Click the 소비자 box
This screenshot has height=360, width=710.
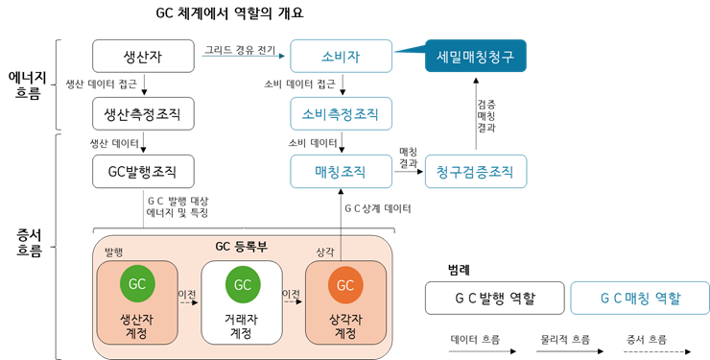(x=341, y=57)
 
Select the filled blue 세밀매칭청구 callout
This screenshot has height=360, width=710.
(x=476, y=57)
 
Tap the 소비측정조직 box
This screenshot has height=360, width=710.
(x=341, y=114)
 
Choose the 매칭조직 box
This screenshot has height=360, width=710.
(x=341, y=172)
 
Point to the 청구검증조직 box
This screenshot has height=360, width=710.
(x=475, y=172)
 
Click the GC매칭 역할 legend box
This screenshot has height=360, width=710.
(x=640, y=298)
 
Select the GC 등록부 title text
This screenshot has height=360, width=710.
(x=241, y=247)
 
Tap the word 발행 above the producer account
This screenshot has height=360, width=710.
(x=113, y=252)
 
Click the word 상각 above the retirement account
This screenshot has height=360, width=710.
(x=325, y=252)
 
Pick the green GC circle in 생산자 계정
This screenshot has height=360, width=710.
(x=137, y=284)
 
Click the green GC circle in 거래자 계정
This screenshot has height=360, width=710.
(x=242, y=284)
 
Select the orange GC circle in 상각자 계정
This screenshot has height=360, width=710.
(x=345, y=284)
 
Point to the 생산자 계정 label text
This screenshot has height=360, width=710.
(x=137, y=325)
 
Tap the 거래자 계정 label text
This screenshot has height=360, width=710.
(x=242, y=325)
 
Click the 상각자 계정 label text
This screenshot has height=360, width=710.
(x=345, y=325)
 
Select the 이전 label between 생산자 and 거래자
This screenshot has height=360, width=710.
(x=187, y=294)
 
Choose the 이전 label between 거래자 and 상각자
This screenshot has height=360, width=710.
(x=292, y=294)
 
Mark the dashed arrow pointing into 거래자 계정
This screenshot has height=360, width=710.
(x=188, y=302)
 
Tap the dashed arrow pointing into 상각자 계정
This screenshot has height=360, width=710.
(x=293, y=302)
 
